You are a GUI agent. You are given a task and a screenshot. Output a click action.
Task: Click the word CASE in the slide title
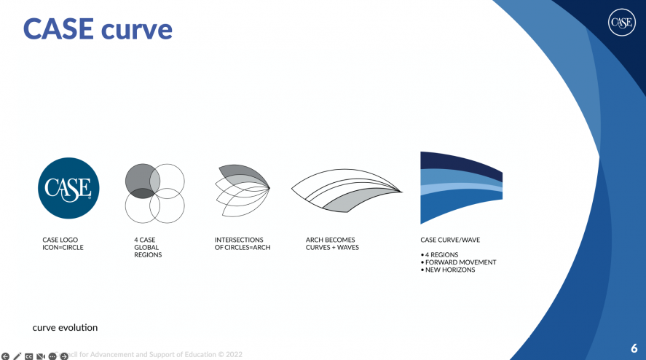pos(58,28)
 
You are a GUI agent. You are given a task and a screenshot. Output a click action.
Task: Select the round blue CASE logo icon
pos(68,188)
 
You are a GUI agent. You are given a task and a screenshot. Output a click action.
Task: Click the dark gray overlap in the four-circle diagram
pos(138,192)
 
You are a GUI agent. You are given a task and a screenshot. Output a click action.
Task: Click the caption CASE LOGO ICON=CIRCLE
pos(63,243)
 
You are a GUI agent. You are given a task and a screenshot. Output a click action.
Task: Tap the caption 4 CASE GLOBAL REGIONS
pos(148,247)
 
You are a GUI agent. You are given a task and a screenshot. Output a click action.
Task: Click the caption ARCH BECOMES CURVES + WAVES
pos(332,243)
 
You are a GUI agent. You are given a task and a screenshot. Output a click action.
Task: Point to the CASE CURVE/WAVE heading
pos(450,240)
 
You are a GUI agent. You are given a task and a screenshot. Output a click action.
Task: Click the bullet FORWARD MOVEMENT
pos(460,262)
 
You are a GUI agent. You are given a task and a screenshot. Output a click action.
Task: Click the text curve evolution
pos(65,328)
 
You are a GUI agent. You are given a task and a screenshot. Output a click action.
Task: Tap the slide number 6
pos(634,348)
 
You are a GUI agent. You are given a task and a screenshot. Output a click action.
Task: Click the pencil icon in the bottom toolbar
pos(17,356)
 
